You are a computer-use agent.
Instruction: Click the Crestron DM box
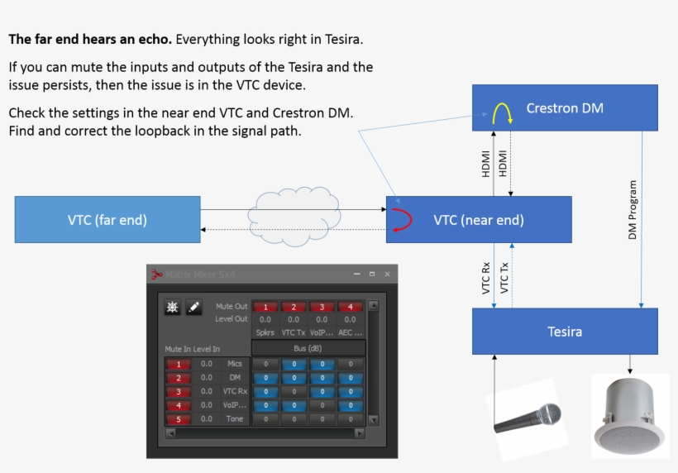(x=565, y=107)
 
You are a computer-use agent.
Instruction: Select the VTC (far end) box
(x=107, y=219)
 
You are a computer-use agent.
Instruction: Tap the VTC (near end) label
(x=479, y=220)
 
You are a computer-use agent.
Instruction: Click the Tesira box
(x=565, y=331)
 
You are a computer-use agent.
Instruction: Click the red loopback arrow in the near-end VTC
(x=401, y=220)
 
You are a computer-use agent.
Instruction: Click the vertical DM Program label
(x=633, y=210)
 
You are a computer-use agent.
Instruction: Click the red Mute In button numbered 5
(x=177, y=419)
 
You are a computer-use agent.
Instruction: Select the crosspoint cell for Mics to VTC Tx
(x=294, y=364)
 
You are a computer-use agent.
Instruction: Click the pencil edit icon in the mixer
(x=193, y=308)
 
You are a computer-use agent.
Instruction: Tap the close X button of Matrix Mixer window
(x=387, y=274)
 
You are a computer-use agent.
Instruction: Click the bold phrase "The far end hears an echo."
(x=90, y=39)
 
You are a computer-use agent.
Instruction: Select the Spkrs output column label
(x=265, y=332)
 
